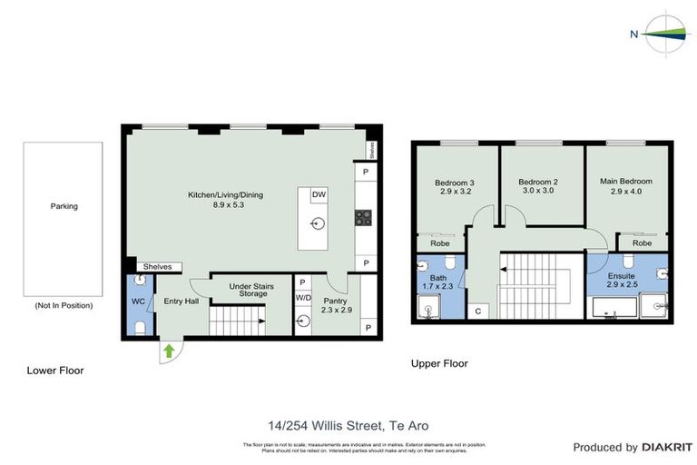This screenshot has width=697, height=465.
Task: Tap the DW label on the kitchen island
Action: pyautogui.click(x=319, y=195)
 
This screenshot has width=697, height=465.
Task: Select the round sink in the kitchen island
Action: pyautogui.click(x=319, y=223)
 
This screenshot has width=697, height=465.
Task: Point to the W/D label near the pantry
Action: pyautogui.click(x=302, y=298)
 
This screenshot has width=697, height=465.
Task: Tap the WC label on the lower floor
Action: pyautogui.click(x=138, y=301)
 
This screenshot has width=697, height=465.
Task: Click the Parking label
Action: pyautogui.click(x=64, y=206)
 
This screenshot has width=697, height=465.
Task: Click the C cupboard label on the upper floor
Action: pyautogui.click(x=478, y=311)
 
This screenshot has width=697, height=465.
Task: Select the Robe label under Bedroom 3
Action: pyautogui.click(x=439, y=243)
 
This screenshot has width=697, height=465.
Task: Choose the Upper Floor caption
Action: pyautogui.click(x=439, y=363)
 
